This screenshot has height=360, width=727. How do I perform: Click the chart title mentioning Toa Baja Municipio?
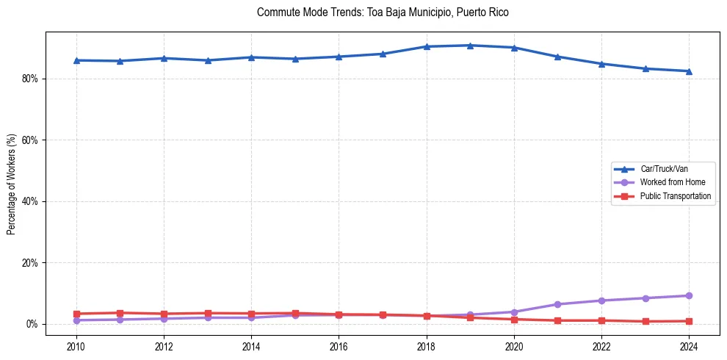pyautogui.click(x=383, y=12)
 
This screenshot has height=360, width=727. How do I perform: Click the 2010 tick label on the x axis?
pyautogui.click(x=76, y=345)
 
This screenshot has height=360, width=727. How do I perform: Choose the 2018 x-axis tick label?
pyautogui.click(x=426, y=345)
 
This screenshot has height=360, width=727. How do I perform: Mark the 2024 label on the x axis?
pyautogui.click(x=689, y=345)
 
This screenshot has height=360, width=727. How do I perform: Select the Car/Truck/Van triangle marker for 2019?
pyautogui.click(x=470, y=46)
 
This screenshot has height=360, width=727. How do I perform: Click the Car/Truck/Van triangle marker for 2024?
pyautogui.click(x=689, y=71)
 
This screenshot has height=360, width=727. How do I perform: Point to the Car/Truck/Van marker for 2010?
pyautogui.click(x=76, y=60)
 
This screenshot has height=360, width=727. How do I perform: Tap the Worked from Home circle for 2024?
pyautogui.click(x=689, y=295)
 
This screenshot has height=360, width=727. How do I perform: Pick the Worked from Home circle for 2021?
pyautogui.click(x=557, y=304)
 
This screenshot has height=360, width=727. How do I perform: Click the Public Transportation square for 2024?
pyautogui.click(x=689, y=321)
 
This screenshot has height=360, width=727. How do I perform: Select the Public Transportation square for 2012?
pyautogui.click(x=164, y=314)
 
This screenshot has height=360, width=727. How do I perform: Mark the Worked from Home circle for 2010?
pyautogui.click(x=76, y=320)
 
